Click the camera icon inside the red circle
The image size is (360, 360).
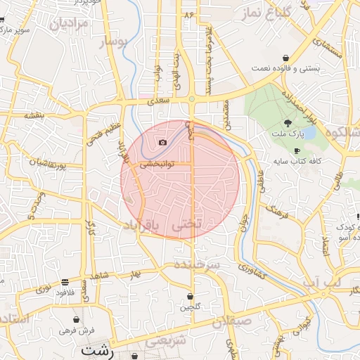tap(163, 142)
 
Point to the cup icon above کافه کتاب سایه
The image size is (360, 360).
tap(297, 151)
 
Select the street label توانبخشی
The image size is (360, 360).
tap(157, 164)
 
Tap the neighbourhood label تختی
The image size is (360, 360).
tap(191, 224)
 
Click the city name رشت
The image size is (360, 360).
tap(98, 349)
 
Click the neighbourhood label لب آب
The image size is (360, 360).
tap(323, 282)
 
